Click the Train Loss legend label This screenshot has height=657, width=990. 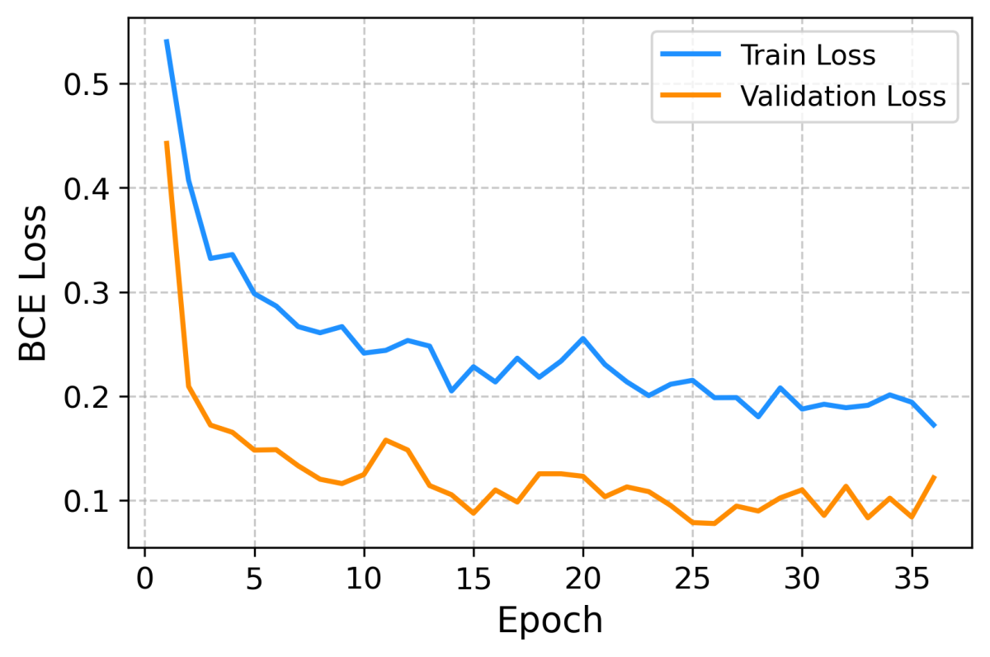pos(808,56)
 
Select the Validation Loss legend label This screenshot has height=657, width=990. pos(842,97)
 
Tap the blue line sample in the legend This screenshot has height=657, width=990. pos(691,56)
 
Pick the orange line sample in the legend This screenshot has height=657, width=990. pos(691,97)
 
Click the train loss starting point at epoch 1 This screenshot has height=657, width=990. pos(167,40)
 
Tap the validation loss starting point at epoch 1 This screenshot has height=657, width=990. pos(167,142)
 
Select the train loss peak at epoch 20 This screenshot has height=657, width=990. pos(582,338)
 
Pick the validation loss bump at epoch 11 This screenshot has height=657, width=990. pos(386,440)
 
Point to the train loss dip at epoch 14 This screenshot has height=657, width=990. pos(451,390)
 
